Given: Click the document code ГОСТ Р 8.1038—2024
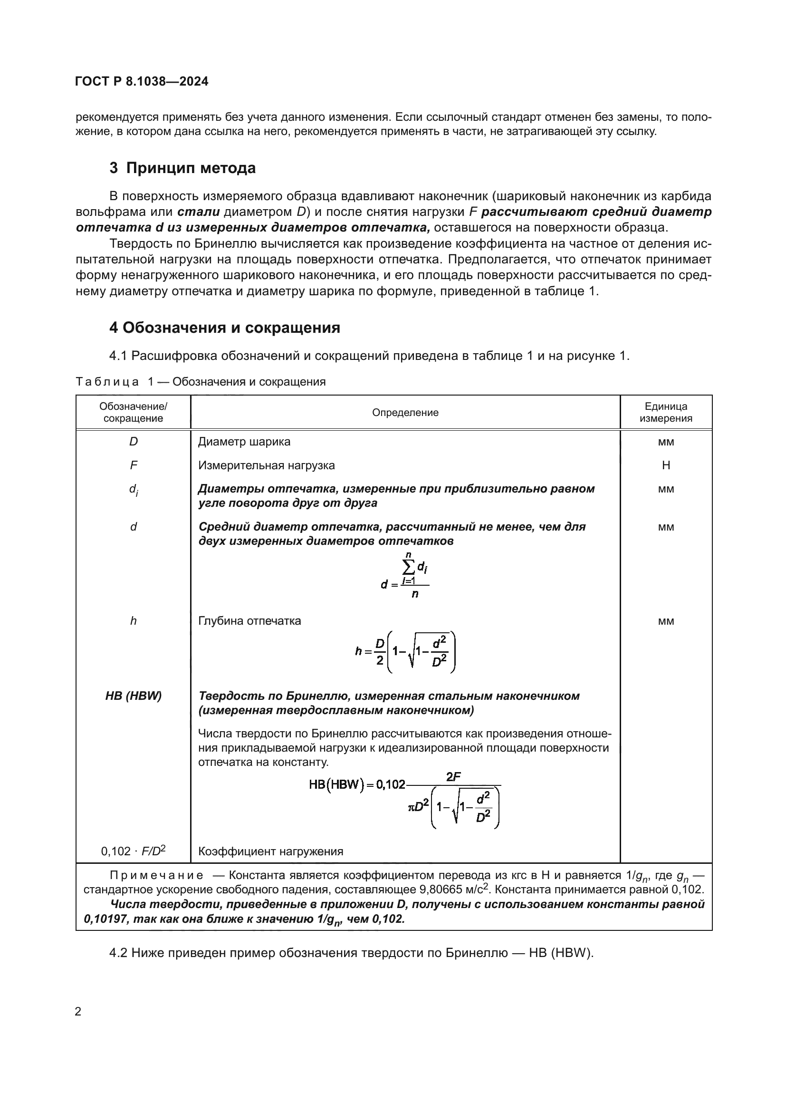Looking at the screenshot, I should (142, 81).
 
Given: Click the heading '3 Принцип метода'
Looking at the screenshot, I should (182, 168).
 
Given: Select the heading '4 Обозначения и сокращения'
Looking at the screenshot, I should (225, 328).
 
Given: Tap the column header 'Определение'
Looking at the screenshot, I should (405, 413).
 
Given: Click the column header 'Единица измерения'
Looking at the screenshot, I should (665, 413).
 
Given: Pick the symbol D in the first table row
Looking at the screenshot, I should (133, 442).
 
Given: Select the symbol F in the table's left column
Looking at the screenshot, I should (133, 465).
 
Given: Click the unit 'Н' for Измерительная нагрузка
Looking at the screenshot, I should (665, 465).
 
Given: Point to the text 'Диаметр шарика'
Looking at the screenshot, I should (244, 442).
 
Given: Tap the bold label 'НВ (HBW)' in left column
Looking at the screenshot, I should (133, 696).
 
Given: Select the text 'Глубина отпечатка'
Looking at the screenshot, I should (249, 621).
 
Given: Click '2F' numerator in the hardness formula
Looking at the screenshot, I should (453, 776).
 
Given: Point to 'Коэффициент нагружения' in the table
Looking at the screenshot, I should (270, 851).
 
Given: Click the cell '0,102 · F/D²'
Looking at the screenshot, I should (133, 851).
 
